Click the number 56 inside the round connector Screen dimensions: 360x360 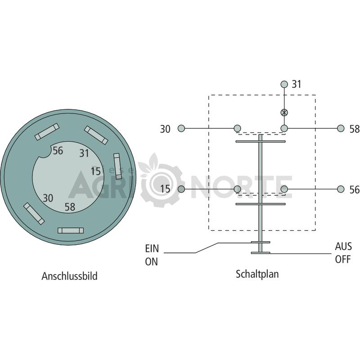(58, 151)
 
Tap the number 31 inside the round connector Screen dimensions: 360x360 (84, 153)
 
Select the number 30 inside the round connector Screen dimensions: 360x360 (48, 198)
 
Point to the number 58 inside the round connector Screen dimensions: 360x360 (70, 207)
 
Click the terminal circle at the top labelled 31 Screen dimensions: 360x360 (284, 84)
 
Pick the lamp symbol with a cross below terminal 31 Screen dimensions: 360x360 (284, 112)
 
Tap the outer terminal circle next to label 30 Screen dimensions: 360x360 (181, 128)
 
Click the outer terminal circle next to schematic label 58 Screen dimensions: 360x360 (341, 128)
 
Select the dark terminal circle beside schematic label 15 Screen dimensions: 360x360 (181, 189)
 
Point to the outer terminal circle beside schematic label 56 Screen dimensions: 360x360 (341, 189)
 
